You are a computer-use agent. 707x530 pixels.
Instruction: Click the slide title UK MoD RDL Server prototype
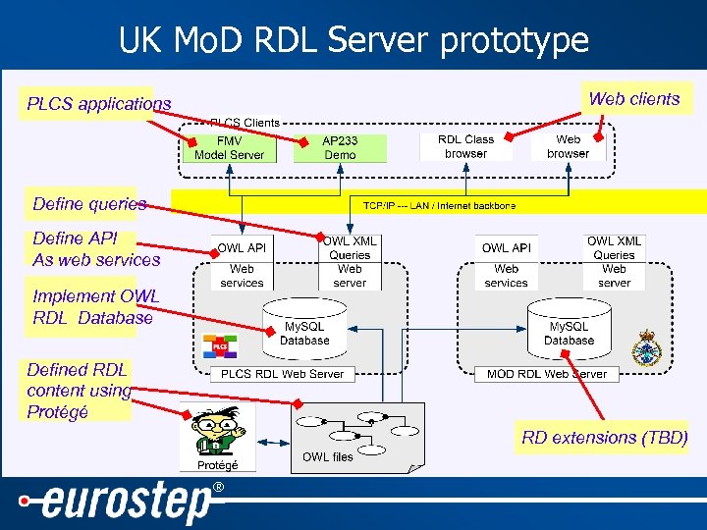pos(353,40)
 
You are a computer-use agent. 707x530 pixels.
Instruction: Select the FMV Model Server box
pos(229,148)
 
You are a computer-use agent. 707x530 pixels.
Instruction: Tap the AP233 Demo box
pos(340,148)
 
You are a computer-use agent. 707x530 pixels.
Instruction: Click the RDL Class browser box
pos(465,147)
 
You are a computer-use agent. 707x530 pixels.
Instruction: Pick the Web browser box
pos(568,147)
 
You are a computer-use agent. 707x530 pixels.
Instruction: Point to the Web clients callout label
pos(633,99)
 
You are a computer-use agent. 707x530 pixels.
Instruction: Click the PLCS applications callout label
pos(98,104)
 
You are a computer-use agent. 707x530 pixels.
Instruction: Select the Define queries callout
pos(89,204)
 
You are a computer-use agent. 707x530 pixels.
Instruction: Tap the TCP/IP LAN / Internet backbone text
pos(439,206)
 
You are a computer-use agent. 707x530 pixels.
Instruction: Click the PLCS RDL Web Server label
pos(282,374)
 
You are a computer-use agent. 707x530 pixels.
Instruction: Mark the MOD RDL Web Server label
pos(547,374)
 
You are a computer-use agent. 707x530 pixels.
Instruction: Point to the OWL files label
pos(328,457)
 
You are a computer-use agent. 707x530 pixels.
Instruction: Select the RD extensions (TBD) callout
pos(604,438)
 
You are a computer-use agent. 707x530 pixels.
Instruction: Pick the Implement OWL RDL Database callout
pos(93,307)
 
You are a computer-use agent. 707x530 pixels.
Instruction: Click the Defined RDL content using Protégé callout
pos(79,391)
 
